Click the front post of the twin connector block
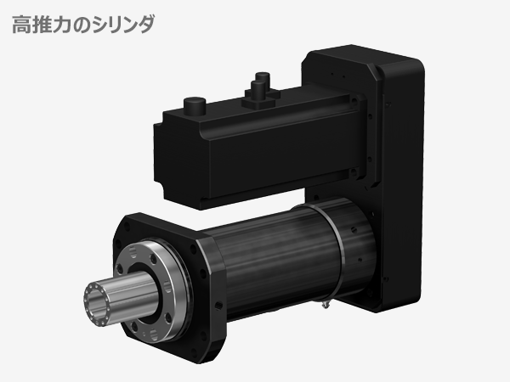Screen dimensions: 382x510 point(252,98)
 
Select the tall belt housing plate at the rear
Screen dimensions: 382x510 point(399,170)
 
